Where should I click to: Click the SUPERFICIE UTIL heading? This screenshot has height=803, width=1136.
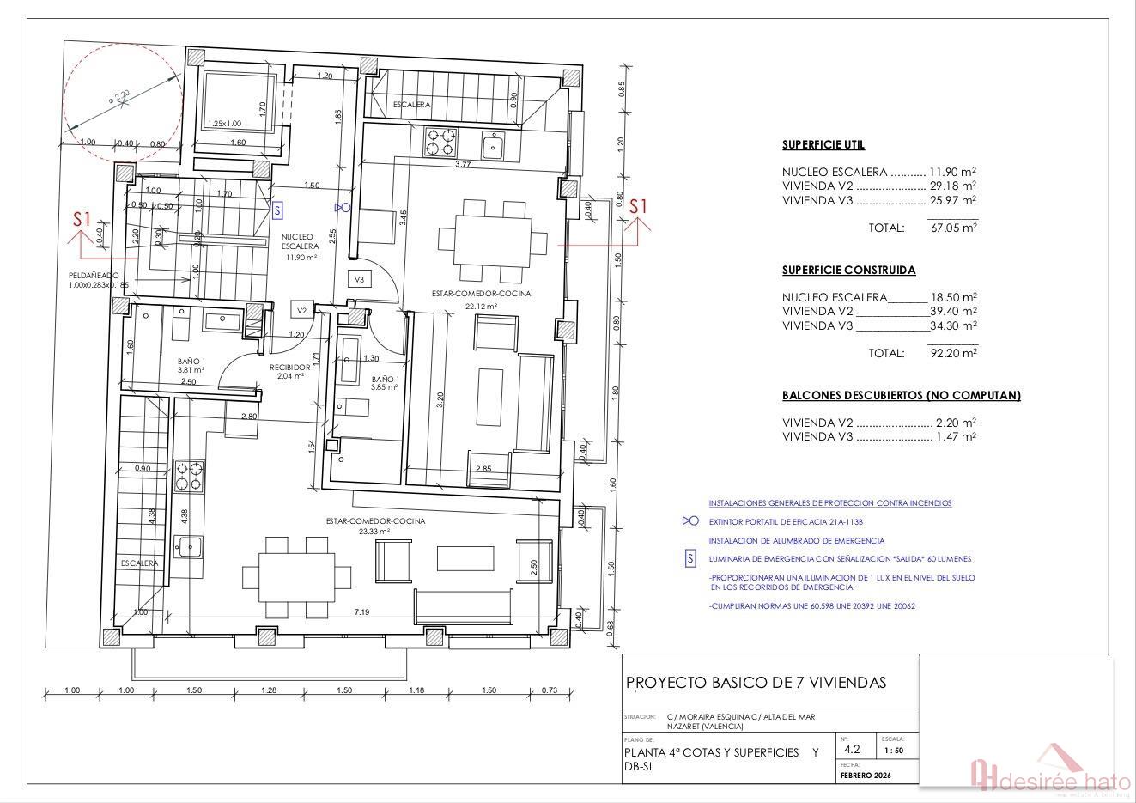coord(823,145)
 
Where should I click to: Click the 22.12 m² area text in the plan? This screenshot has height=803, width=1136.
coord(481,305)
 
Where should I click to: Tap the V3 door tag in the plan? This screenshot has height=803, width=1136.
coord(360,280)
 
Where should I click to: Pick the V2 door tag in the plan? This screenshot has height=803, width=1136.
coord(301,310)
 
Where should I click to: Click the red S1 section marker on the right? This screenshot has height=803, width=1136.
coord(638,207)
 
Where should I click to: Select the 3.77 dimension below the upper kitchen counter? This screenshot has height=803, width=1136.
coord(462,164)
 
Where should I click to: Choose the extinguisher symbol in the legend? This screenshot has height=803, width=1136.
coord(689,521)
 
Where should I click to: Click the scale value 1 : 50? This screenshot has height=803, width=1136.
coord(894,751)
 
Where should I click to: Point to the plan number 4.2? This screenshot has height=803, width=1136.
coord(852,749)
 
